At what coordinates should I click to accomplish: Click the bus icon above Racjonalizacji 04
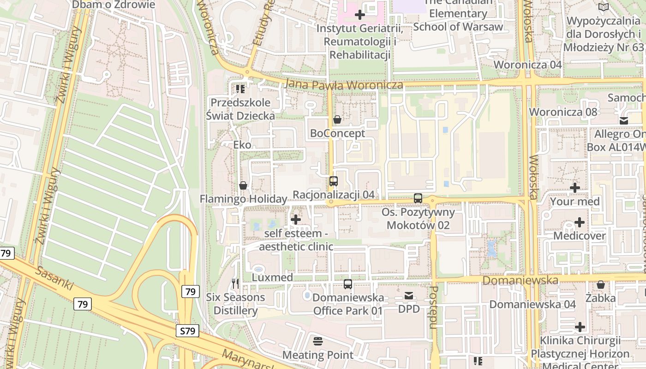coord(334,181)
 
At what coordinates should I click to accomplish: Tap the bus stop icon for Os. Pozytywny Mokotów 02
coord(418,198)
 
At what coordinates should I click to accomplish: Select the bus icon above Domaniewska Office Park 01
coord(348,284)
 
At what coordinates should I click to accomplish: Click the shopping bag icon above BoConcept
coord(337,120)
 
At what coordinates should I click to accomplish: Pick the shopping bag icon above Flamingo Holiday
coord(243,185)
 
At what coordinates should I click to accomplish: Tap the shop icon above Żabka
coord(600,285)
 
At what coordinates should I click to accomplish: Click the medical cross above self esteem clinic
coord(296,220)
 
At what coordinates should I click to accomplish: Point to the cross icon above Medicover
coord(579,222)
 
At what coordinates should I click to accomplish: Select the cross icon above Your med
coord(575,188)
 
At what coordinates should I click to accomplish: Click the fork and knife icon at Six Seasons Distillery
coord(236,283)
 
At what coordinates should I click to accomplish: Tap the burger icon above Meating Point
coord(317,341)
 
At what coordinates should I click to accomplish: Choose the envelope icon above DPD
coord(409,296)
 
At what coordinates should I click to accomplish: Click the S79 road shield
coord(187,330)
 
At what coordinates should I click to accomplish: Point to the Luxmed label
coord(272,278)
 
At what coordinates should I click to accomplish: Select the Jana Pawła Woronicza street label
coord(344,85)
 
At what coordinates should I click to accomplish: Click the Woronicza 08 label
coord(563,112)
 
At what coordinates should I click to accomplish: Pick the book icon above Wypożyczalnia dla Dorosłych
coord(604,7)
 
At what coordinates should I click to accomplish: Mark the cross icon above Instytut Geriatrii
coord(360,15)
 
